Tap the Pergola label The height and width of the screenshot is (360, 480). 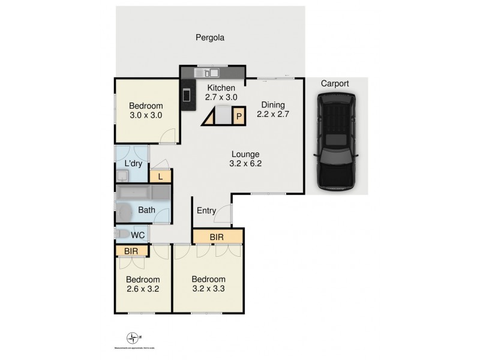tap(209, 38)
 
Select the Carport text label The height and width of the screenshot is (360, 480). tap(334, 83)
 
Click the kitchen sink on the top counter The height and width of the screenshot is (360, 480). tap(211, 73)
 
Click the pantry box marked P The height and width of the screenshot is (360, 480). tap(238, 116)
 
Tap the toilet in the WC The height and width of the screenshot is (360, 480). tap(122, 233)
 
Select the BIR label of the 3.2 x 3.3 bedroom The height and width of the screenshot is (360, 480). tap(217, 237)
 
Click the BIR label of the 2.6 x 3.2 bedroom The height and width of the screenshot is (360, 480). tap(131, 250)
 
